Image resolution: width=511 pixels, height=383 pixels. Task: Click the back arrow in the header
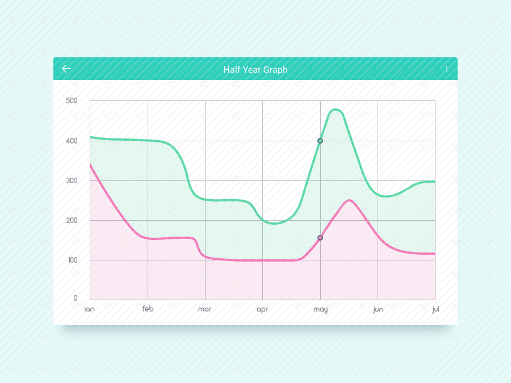(x=66, y=69)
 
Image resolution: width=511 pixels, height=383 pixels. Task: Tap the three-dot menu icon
(x=447, y=69)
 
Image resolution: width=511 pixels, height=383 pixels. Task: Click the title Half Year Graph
(x=256, y=70)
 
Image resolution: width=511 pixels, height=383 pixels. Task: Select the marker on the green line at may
(x=320, y=141)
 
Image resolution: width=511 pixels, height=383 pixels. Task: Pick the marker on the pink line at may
(x=320, y=238)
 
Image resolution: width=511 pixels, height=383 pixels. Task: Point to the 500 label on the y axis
(x=72, y=101)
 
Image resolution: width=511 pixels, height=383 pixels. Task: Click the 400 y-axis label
(x=72, y=141)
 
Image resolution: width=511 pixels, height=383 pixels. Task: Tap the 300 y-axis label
(x=72, y=180)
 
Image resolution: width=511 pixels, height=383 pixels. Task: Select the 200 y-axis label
(x=72, y=220)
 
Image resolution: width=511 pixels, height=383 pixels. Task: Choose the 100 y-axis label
(x=72, y=260)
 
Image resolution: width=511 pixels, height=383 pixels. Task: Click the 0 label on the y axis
(x=76, y=298)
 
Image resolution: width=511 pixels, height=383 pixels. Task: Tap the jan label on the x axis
(x=89, y=309)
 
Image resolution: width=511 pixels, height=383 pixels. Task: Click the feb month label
(x=148, y=309)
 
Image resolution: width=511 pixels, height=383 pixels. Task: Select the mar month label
(x=204, y=309)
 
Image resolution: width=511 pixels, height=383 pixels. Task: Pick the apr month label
(x=262, y=310)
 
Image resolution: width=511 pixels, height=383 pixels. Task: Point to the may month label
(x=320, y=310)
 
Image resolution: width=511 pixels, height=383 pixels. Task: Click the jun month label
(x=378, y=310)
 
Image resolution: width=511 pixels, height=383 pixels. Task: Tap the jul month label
(x=435, y=309)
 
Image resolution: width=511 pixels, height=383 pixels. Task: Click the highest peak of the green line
(x=335, y=110)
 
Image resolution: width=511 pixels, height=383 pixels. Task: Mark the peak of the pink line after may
(x=349, y=200)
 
